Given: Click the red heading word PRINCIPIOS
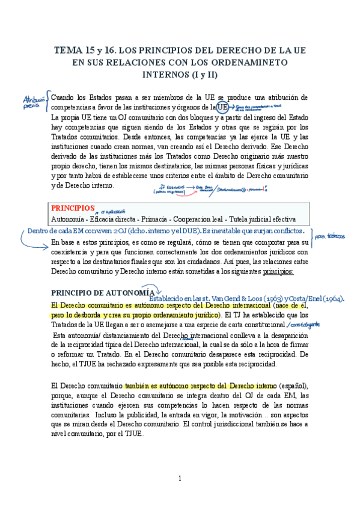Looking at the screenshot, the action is tap(73, 207).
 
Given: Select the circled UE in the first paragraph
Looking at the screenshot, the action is tap(222, 107).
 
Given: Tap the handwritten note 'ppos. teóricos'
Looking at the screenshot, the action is tap(329, 237).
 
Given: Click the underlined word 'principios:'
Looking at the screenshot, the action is tap(277, 271).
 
